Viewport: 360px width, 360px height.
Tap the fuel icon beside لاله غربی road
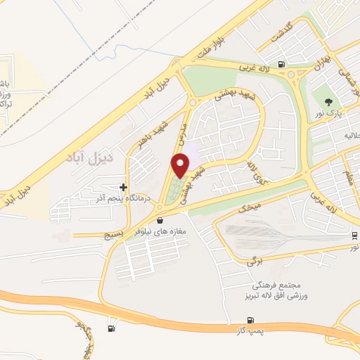coord(282,65)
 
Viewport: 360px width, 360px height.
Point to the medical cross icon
coord(124,188)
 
